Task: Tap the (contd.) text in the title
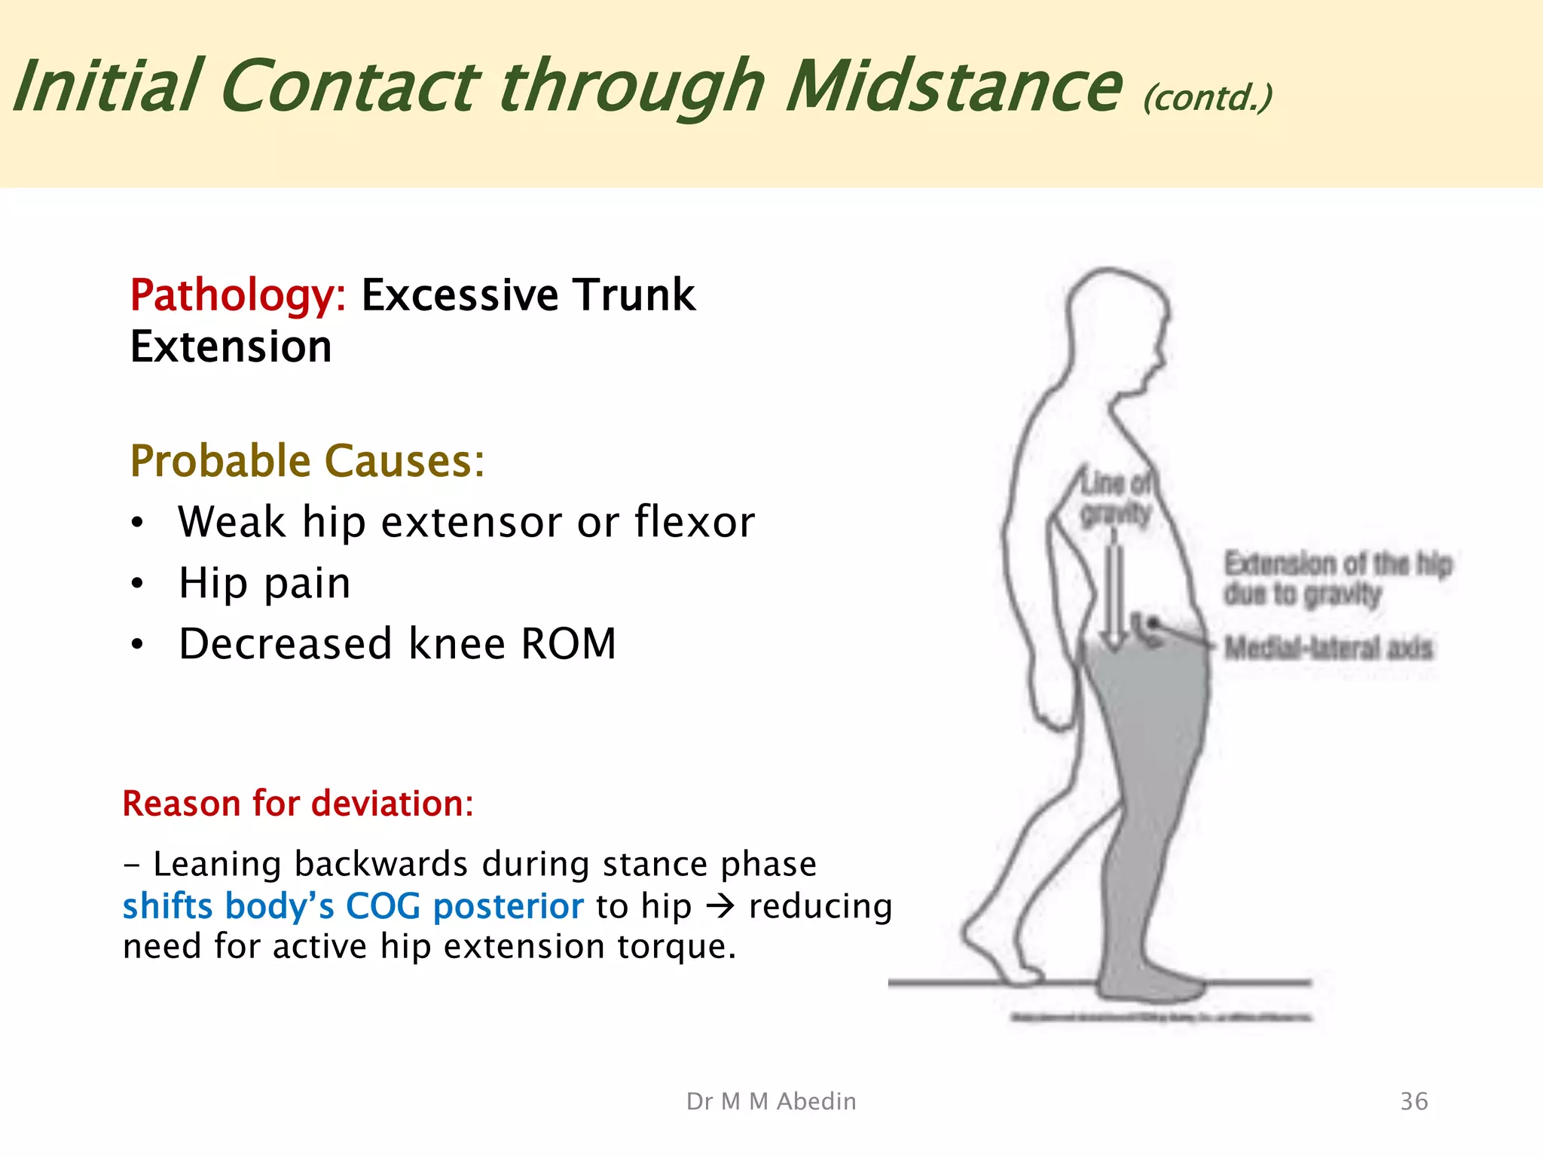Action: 1207,98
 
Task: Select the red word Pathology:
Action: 237,295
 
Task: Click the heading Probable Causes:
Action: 307,460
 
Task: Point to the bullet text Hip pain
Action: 264,583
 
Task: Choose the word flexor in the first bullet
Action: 694,521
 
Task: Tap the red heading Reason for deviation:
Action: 298,804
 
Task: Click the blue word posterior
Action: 508,905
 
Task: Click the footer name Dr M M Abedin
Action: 771,1101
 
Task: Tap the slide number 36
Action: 1413,1101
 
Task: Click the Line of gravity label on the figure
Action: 1116,498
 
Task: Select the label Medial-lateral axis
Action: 1328,648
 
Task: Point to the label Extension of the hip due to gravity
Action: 1337,578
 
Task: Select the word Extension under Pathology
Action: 231,346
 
